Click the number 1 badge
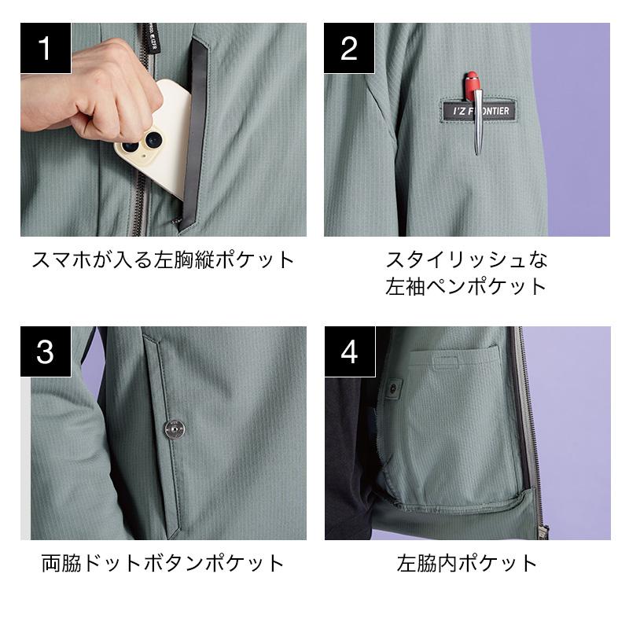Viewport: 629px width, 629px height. coord(46,48)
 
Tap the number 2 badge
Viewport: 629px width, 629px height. coord(349,48)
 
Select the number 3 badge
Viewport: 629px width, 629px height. coord(46,351)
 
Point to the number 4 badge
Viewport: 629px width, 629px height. coord(350,351)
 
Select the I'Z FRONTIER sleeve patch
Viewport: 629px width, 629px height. coord(480,111)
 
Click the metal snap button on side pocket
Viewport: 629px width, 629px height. coord(175,429)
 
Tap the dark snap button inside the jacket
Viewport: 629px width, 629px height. coord(394,387)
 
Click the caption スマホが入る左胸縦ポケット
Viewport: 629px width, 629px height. coord(164,259)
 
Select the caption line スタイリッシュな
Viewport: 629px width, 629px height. coord(466,259)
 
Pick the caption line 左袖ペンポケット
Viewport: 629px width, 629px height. coord(465,286)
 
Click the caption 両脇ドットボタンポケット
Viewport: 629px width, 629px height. coord(163,563)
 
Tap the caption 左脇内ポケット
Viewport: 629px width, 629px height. coord(467,563)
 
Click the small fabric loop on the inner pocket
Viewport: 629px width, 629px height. coord(446,362)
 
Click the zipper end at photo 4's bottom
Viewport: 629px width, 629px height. coord(543,532)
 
